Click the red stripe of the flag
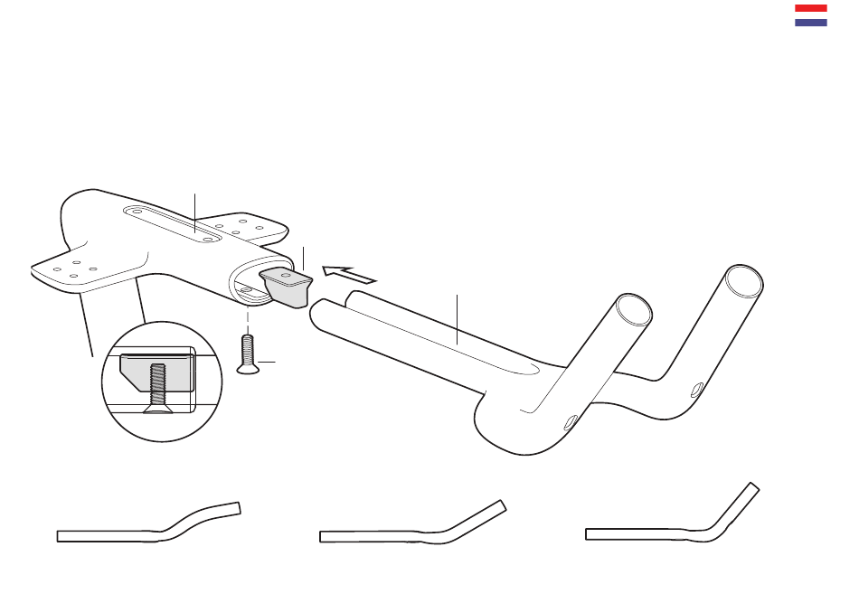pos(810,8)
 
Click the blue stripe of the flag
pos(810,21)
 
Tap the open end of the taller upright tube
pos(744,279)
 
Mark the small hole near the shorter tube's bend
pos(570,420)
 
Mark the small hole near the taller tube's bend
pos(694,390)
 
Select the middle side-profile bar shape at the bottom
pos(411,526)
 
